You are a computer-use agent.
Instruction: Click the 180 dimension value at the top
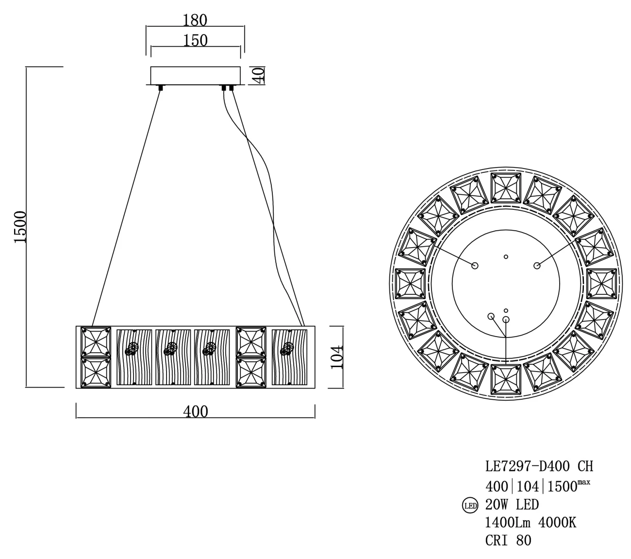[195, 20]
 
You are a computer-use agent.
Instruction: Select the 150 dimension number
[195, 40]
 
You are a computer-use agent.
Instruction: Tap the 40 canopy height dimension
[259, 75]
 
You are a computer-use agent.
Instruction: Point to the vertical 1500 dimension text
[20, 227]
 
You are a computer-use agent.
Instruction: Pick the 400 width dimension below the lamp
[196, 412]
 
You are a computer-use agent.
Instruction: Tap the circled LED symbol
[470, 506]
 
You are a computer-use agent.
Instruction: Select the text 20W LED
[512, 505]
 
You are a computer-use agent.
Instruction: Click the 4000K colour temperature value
[558, 523]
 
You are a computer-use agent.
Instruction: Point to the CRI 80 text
[508, 541]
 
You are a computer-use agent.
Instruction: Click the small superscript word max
[584, 483]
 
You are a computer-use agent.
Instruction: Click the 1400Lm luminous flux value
[508, 523]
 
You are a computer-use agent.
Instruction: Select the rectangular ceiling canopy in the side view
[195, 75]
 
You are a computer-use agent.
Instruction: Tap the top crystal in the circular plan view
[506, 188]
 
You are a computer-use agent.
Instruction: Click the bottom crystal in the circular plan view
[506, 379]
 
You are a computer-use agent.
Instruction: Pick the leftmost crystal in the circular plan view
[410, 284]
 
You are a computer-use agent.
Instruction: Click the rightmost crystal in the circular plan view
[601, 284]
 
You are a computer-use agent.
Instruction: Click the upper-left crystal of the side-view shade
[96, 342]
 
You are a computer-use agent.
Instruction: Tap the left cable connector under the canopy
[161, 87]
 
